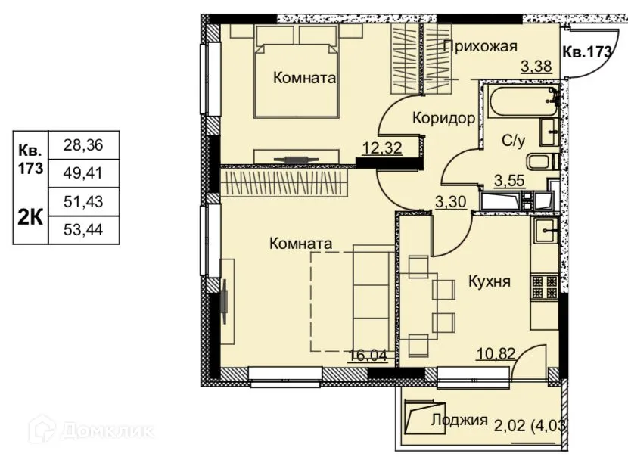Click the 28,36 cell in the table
83,145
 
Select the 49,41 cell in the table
83,173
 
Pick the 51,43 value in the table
83,202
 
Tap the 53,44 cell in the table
83,230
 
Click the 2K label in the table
30,218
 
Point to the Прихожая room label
480,46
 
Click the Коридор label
444,118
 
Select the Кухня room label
490,281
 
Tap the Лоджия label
459,420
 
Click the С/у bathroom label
513,141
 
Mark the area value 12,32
381,148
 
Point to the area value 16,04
368,356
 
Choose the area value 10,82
496,354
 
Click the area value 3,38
536,66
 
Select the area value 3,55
509,181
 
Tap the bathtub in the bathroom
521,101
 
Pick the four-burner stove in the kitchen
544,287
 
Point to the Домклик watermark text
107,431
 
